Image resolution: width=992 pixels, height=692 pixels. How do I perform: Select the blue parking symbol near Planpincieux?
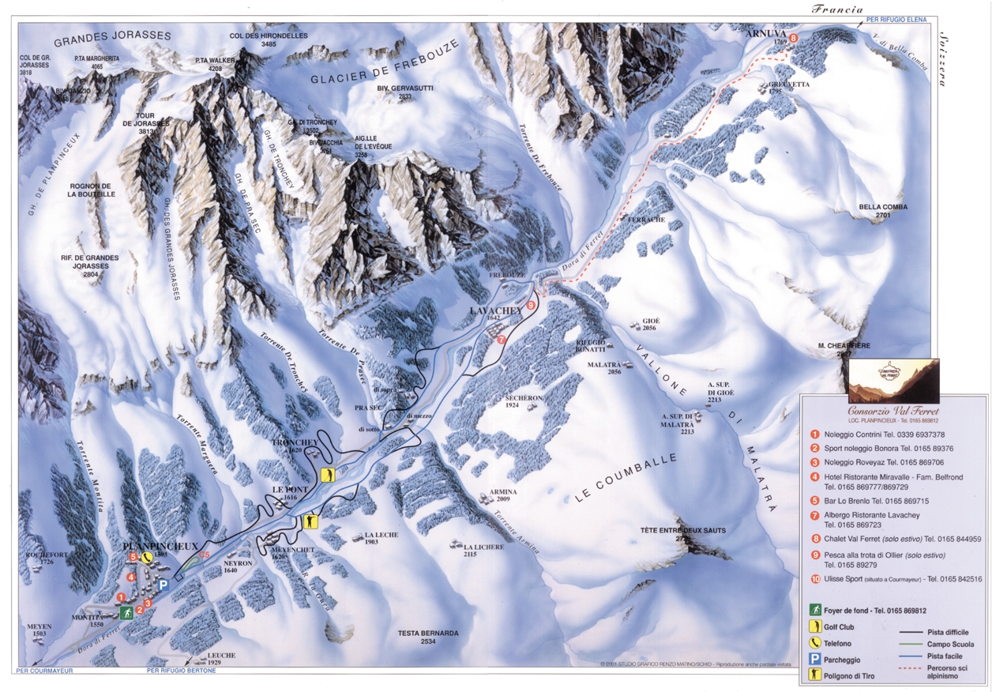tap(163, 585)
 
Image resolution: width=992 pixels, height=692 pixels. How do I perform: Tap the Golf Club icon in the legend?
tap(814, 626)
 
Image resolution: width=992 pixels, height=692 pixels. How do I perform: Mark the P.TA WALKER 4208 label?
tap(215, 64)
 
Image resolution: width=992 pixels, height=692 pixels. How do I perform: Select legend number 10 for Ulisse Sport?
tap(814, 579)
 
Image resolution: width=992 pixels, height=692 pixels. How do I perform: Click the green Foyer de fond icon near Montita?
tap(126, 612)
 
